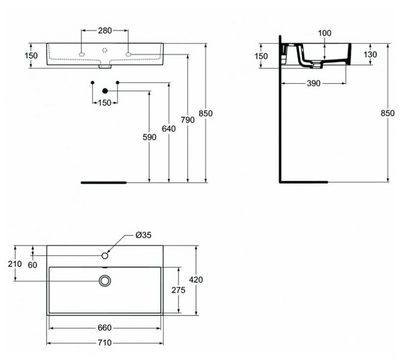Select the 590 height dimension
[x=150, y=137]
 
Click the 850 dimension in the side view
[x=387, y=113]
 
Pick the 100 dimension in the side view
[x=324, y=33]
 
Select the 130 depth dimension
[x=370, y=55]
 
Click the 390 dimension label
[x=313, y=84]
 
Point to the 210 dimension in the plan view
[x=15, y=264]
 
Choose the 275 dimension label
[x=178, y=290]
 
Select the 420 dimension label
[x=196, y=280]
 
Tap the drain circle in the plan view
[x=105, y=280]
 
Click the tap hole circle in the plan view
[x=105, y=255]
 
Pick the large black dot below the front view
[x=105, y=90]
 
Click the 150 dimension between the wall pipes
[x=105, y=103]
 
